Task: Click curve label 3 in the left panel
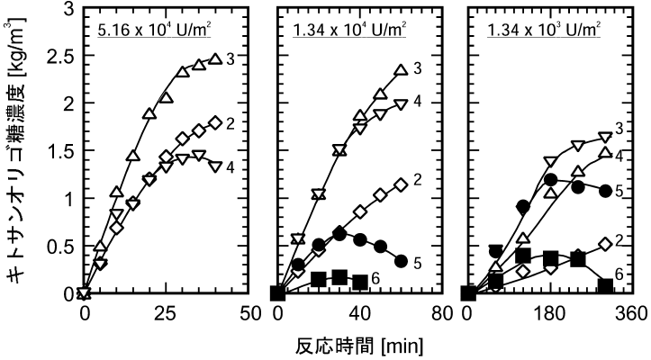pos(231,59)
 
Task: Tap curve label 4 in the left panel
pos(231,167)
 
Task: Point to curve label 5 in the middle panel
pos(418,263)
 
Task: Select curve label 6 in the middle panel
pos(374,282)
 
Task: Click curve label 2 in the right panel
pos(620,241)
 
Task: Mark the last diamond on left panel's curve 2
pos(214,122)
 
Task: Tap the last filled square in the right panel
pos(606,287)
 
